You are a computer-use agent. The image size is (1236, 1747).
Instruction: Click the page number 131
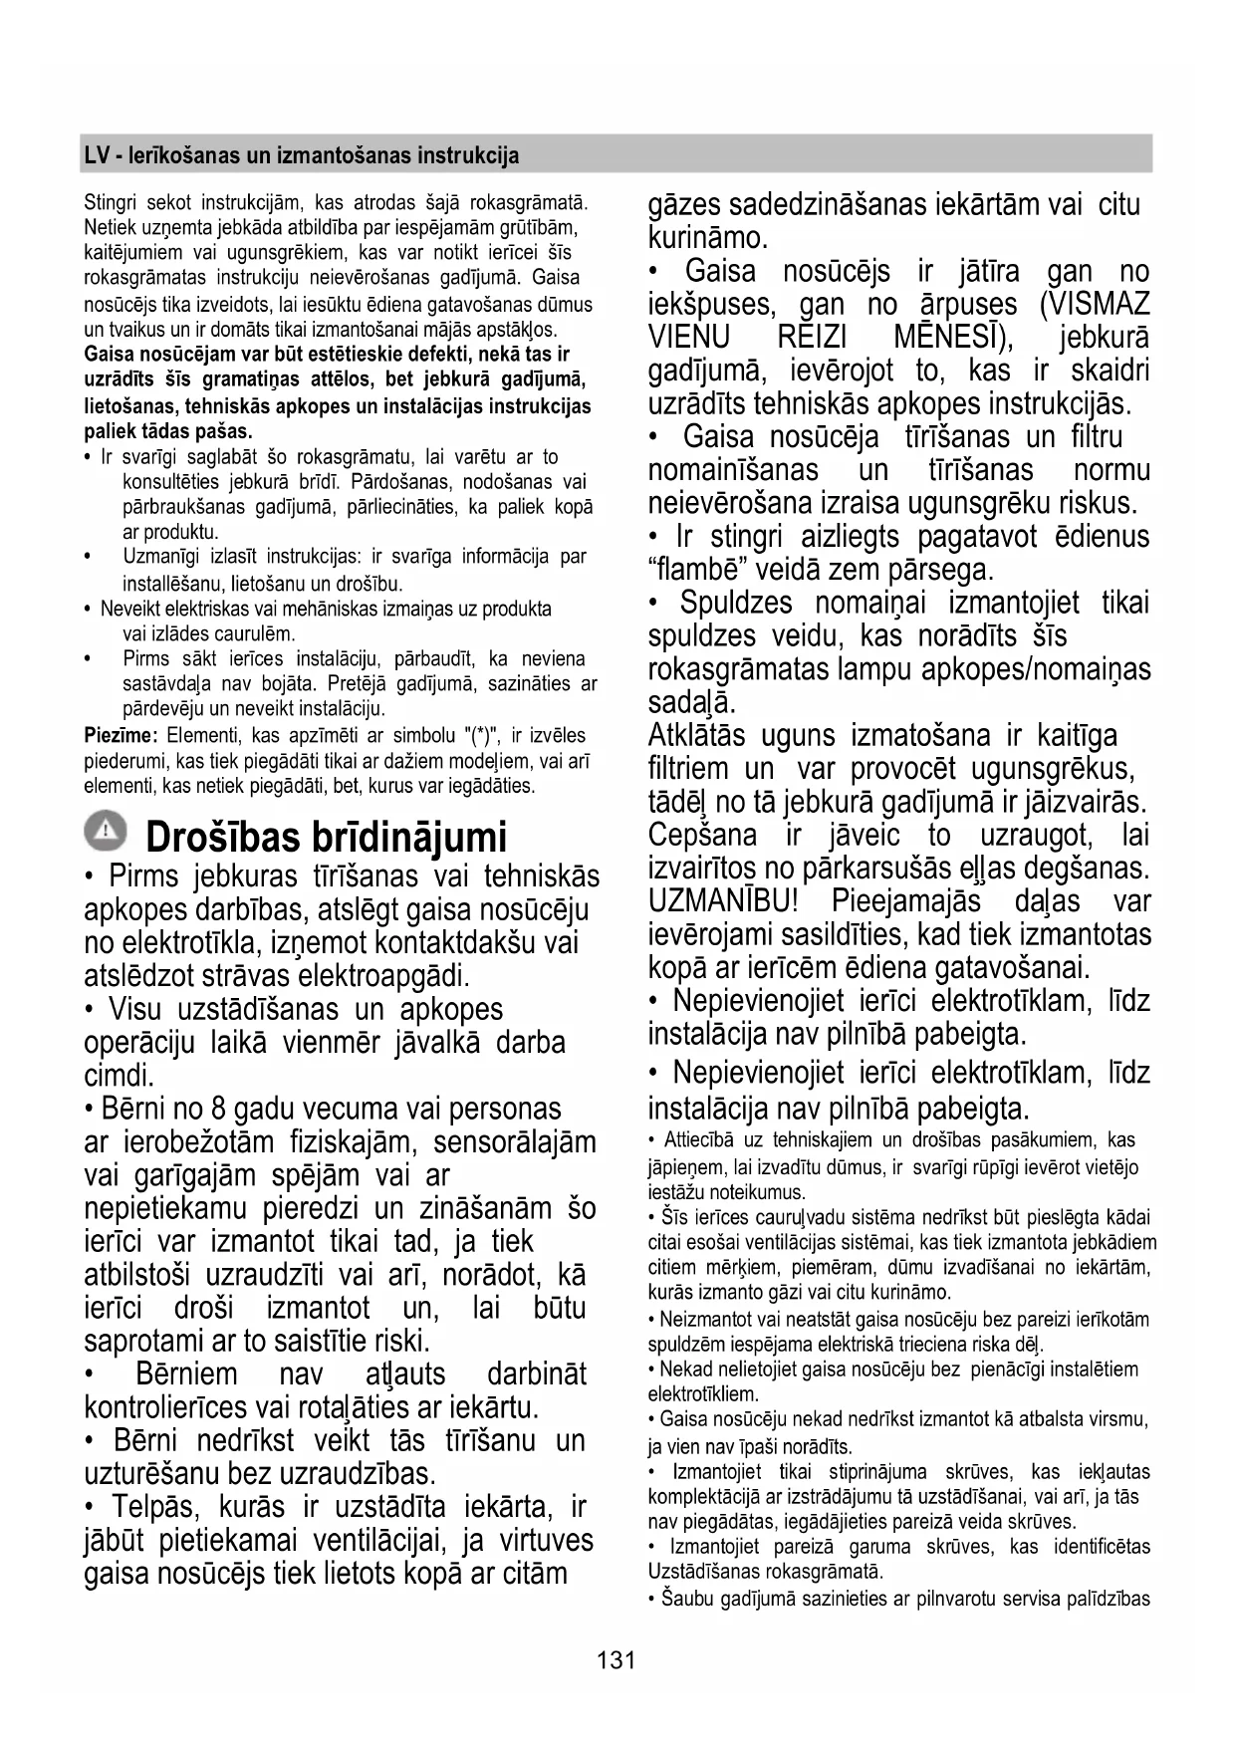point(617,1660)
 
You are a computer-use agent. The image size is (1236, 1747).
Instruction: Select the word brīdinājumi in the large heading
point(408,838)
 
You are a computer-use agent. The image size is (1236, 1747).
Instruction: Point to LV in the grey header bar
point(96,155)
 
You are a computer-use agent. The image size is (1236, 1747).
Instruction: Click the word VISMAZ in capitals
point(1095,304)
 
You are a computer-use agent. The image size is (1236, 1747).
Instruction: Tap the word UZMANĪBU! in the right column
point(723,901)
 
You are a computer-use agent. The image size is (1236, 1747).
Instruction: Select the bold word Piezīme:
point(121,736)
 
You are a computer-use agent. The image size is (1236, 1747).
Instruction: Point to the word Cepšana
point(702,835)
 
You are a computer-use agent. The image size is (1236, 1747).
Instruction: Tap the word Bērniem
point(186,1374)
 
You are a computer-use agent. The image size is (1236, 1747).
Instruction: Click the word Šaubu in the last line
point(682,1599)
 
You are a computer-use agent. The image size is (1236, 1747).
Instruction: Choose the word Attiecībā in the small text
point(700,1140)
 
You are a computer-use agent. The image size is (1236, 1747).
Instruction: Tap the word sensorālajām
point(514,1142)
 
